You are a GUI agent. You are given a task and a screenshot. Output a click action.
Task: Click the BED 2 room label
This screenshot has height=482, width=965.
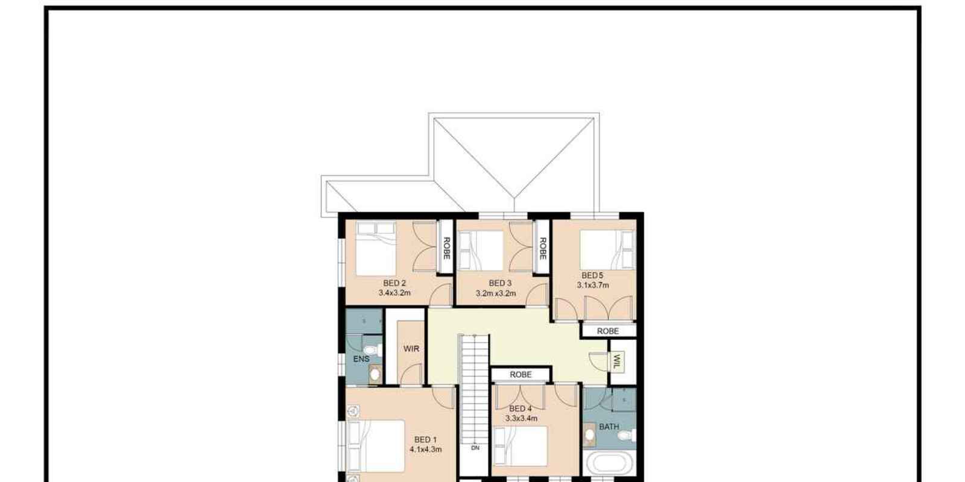tap(394, 283)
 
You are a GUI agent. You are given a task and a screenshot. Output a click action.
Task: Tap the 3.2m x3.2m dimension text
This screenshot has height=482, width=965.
tap(496, 294)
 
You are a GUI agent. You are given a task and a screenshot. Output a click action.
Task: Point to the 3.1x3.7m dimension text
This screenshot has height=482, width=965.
tap(593, 286)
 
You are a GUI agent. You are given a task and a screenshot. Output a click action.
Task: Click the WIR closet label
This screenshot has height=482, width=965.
tap(411, 349)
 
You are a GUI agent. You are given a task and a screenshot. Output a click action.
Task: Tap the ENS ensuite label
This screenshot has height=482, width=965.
tap(361, 359)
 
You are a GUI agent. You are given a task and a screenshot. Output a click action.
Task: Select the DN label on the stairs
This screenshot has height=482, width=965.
tap(475, 448)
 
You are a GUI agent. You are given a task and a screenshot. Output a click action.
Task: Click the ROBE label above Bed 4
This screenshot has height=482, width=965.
tap(521, 375)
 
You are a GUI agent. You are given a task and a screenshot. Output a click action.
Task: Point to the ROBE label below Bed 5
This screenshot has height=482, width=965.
tap(608, 331)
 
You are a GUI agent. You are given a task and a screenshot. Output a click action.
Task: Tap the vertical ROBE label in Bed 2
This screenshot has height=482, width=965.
tap(446, 248)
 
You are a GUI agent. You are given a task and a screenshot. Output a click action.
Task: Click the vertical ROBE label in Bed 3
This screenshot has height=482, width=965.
tap(542, 248)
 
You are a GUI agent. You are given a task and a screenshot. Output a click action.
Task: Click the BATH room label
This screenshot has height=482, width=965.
tap(609, 427)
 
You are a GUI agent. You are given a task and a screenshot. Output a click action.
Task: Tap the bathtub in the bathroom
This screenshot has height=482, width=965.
tap(609, 465)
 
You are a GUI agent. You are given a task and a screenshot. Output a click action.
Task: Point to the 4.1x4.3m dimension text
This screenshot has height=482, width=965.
tap(426, 449)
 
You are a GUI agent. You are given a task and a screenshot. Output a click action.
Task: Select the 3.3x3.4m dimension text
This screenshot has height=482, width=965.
tap(521, 418)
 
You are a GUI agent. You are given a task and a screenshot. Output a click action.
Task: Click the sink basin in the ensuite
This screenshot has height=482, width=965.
tap(375, 374)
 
